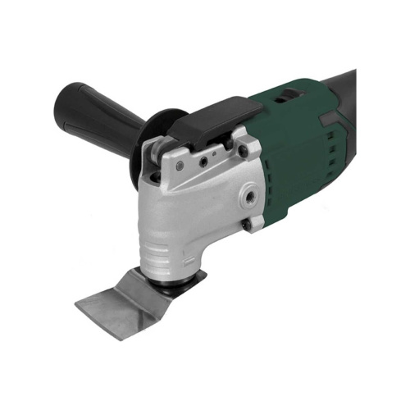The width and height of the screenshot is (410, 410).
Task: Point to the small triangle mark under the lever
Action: tap(212, 153)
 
